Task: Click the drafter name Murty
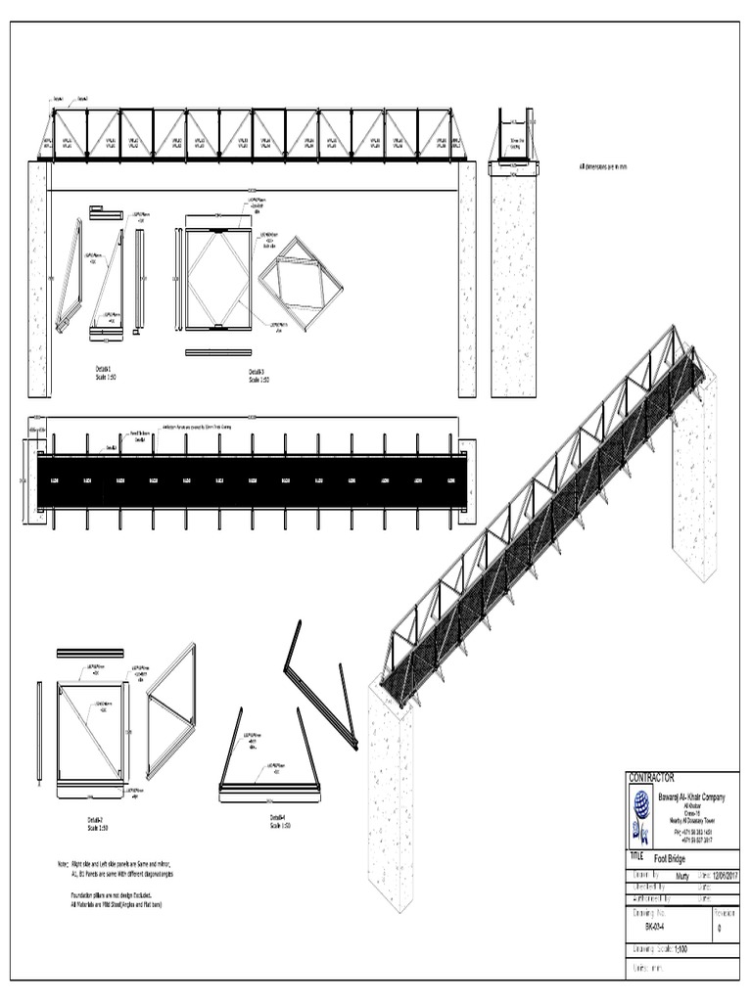(683, 876)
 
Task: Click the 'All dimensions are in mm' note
(603, 167)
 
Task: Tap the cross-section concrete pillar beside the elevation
(513, 284)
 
